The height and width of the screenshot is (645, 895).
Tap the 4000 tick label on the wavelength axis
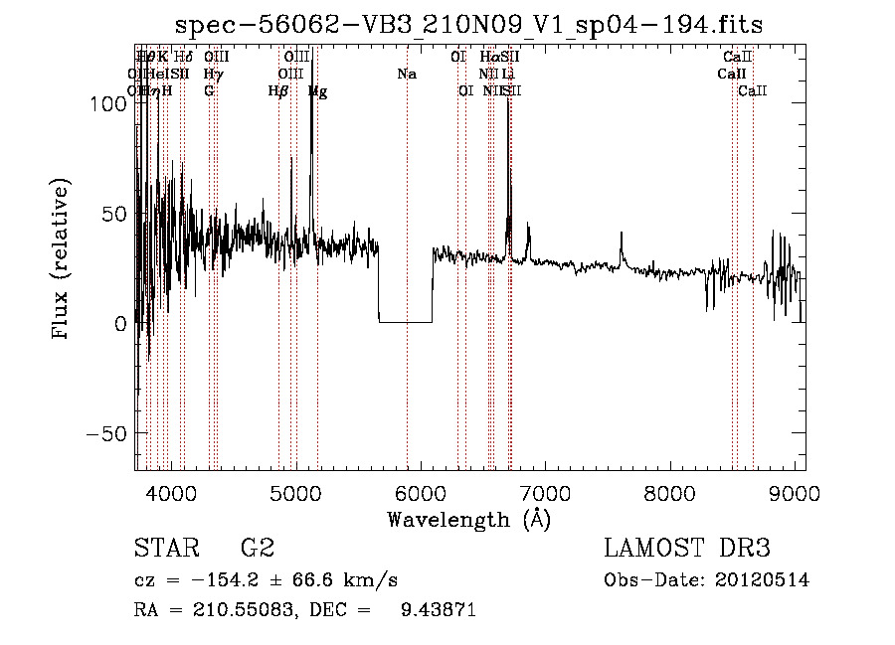tap(169, 493)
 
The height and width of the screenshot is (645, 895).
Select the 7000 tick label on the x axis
tap(545, 493)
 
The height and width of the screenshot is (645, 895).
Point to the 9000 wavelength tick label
tap(795, 493)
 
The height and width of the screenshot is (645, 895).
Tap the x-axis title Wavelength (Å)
tap(469, 519)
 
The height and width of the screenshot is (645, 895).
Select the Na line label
tap(406, 74)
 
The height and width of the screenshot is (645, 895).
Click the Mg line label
tap(318, 91)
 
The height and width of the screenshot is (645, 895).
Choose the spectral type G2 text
tap(257, 549)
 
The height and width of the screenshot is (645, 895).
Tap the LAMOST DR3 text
tap(687, 549)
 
